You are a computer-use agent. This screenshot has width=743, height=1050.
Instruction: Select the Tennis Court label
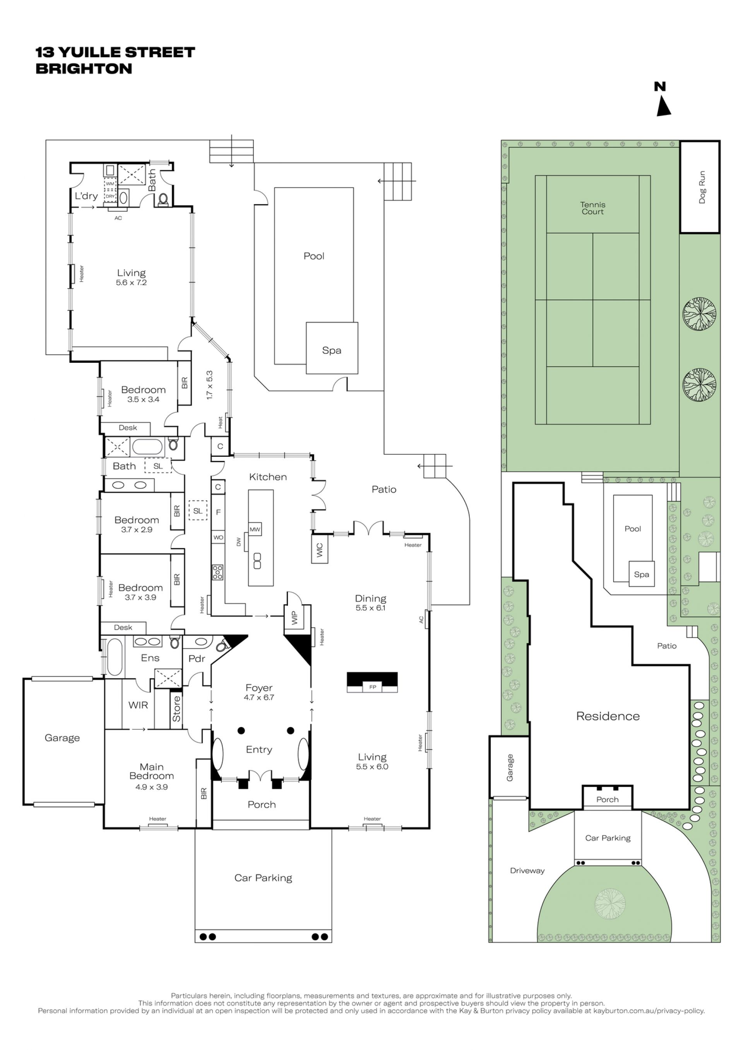pos(592,208)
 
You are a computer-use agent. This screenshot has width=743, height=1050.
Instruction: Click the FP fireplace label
pos(372,687)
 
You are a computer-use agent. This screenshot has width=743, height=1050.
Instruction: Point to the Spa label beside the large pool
pos(332,350)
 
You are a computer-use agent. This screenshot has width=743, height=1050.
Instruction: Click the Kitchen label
pos(268,477)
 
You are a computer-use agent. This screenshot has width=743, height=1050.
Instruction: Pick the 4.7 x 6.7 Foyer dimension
pos(259,697)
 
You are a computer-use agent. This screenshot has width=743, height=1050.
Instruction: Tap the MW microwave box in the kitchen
pos(255,529)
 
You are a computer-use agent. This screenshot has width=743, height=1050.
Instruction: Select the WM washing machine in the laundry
pos(110,183)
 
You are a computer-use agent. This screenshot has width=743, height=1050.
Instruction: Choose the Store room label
pos(176,709)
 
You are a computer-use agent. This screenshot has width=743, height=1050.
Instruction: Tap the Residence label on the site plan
pos(608,716)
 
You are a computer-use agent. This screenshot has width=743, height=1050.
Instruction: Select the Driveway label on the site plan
pos(527,871)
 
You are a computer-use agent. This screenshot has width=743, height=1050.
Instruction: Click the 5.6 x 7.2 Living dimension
pos(131,283)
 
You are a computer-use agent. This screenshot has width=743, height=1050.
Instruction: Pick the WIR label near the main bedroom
pos(138,705)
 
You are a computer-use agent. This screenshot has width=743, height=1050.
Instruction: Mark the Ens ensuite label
pos(150,658)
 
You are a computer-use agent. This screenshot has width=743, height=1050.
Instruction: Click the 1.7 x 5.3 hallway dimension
pos(209,385)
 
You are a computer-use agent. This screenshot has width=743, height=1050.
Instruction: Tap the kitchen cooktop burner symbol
pos(217,572)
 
